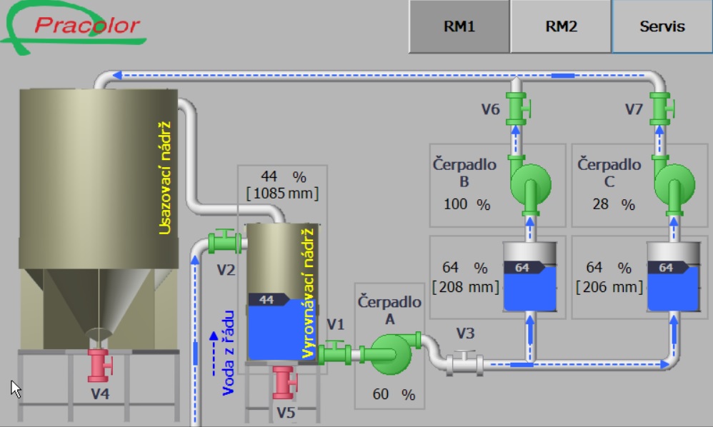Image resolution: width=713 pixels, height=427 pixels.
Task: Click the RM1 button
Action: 459,26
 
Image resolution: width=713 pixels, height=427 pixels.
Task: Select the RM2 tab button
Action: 561,26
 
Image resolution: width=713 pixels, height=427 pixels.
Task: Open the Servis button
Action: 662,26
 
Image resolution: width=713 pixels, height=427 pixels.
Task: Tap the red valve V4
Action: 99,365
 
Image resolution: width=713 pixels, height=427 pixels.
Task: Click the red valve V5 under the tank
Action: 284,382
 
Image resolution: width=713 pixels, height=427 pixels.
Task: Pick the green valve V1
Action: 334,353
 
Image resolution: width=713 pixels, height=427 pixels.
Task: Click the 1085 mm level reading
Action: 282,193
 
